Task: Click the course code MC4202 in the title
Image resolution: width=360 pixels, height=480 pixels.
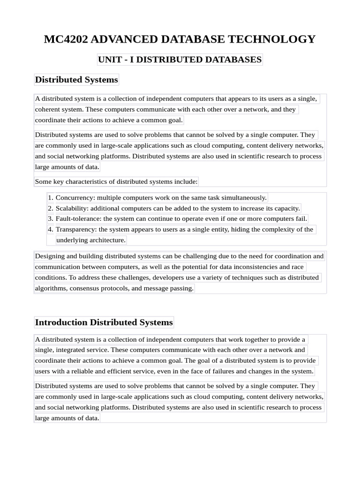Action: [x=65, y=39]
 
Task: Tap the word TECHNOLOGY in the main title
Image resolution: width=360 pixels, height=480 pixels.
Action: [x=276, y=39]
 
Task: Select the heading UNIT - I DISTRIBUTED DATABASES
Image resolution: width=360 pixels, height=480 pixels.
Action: [x=180, y=60]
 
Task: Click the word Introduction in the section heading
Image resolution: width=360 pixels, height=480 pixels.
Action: [x=61, y=322]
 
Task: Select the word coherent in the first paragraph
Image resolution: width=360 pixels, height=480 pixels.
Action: [x=48, y=109]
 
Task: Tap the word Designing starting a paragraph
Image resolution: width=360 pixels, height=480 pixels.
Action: [x=51, y=256]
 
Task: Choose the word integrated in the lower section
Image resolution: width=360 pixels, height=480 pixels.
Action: [x=77, y=350]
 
